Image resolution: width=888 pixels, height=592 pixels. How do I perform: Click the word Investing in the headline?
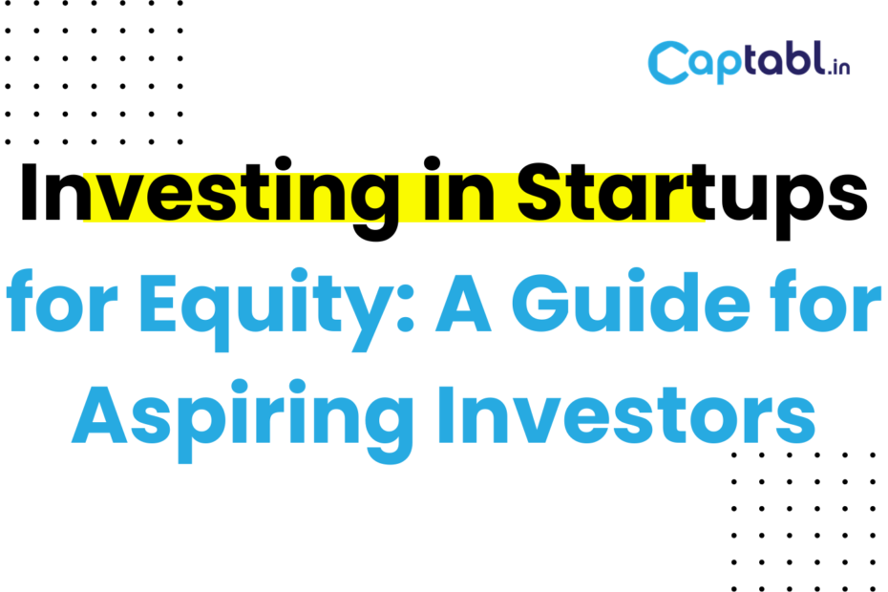pyautogui.click(x=209, y=198)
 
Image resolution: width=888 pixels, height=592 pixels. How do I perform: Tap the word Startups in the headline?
pyautogui.click(x=692, y=198)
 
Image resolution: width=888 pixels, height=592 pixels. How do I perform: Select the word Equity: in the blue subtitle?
pyautogui.click(x=276, y=309)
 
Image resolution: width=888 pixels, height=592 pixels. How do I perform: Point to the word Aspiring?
pyautogui.click(x=243, y=420)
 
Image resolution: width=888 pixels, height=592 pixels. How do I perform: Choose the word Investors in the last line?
pyautogui.click(x=626, y=415)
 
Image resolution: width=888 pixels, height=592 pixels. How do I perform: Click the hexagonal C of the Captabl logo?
pyautogui.click(x=668, y=62)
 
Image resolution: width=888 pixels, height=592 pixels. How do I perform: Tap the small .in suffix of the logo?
pyautogui.click(x=838, y=68)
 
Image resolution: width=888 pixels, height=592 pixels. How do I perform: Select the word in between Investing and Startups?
pyautogui.click(x=458, y=189)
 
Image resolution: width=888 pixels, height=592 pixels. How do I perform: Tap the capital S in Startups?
pyautogui.click(x=542, y=192)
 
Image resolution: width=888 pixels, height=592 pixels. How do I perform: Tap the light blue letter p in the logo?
pyautogui.click(x=729, y=66)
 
